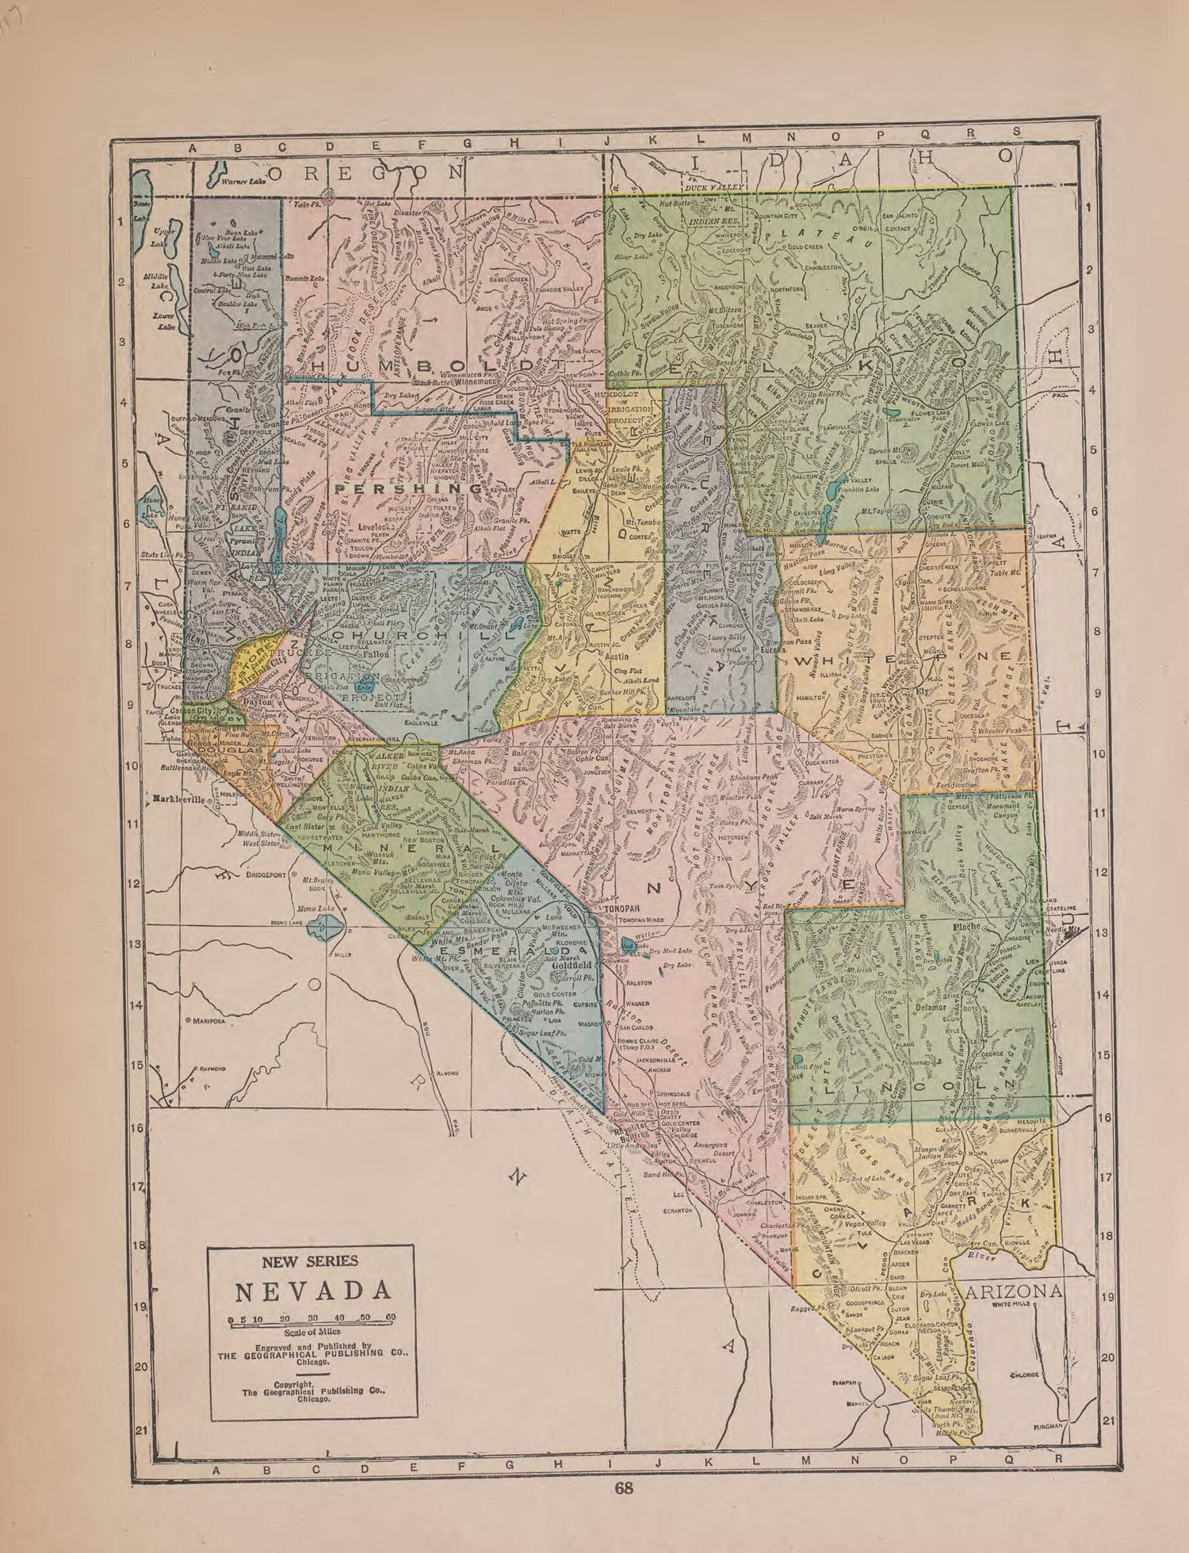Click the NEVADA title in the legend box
pos(312,1291)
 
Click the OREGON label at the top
pos(366,173)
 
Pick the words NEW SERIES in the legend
pos(311,1261)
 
